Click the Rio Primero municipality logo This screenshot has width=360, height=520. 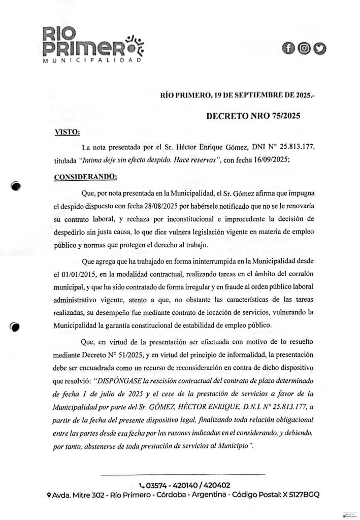click(x=91, y=46)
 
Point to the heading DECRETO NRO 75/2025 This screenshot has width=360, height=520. click(x=253, y=115)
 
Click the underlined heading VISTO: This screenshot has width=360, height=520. click(x=67, y=133)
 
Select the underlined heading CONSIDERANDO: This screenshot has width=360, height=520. click(x=85, y=178)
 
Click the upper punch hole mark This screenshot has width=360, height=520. click(x=17, y=186)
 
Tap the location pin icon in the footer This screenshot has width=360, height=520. click(x=48, y=495)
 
